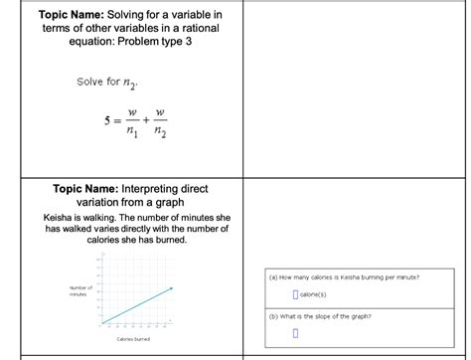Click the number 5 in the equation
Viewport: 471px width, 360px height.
[x=92, y=126]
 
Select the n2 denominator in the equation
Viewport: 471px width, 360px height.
[x=159, y=137]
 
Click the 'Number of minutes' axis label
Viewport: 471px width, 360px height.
[x=80, y=291]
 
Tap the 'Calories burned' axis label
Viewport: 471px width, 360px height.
[x=132, y=339]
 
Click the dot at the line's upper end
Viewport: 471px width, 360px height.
[x=172, y=288]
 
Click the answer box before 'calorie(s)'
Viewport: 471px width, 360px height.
[x=295, y=294]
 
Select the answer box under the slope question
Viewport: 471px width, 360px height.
[x=295, y=333]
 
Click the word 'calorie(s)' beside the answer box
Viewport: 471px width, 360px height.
[x=317, y=295]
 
